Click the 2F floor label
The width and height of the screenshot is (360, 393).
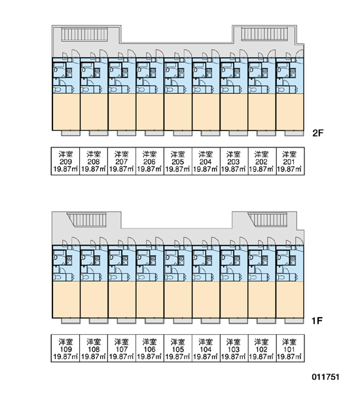pyautogui.click(x=317, y=133)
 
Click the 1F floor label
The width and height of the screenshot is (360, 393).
pyautogui.click(x=317, y=320)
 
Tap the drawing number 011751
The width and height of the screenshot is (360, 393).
pyautogui.click(x=325, y=377)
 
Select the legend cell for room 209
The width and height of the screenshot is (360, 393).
pyautogui.click(x=65, y=161)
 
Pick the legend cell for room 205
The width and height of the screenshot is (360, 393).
pyautogui.click(x=177, y=161)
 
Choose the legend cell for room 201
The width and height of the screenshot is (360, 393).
pyautogui.click(x=291, y=161)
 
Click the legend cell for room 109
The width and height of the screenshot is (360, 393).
pyautogui.click(x=65, y=348)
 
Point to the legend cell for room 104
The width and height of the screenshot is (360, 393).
pyautogui.click(x=206, y=348)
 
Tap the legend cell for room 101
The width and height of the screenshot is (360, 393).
pyautogui.click(x=291, y=348)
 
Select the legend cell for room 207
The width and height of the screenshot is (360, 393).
pyautogui.click(x=122, y=161)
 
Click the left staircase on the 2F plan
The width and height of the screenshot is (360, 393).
pyautogui.click(x=84, y=34)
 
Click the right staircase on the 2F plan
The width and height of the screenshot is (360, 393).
pyautogui.click(x=264, y=34)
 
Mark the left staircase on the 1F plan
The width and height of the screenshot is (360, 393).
pyautogui.click(x=86, y=220)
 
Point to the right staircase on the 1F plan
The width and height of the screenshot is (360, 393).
pyautogui.click(x=267, y=220)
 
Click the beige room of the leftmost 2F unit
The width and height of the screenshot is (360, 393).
pyautogui.click(x=66, y=112)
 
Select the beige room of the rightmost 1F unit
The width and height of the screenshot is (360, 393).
pyautogui.click(x=289, y=299)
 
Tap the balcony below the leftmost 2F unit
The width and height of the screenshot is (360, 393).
pyautogui.click(x=71, y=133)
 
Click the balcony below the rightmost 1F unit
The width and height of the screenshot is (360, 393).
pyautogui.click(x=294, y=320)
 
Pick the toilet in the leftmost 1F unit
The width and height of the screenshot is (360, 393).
pyautogui.click(x=58, y=277)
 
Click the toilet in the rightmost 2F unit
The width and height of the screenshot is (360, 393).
pyautogui.click(x=281, y=90)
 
